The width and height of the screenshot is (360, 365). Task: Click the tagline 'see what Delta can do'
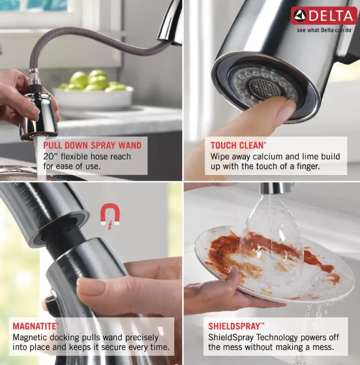(x=324, y=30)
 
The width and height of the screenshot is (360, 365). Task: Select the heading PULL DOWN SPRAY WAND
(x=92, y=145)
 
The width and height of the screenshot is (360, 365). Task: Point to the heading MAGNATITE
(x=35, y=325)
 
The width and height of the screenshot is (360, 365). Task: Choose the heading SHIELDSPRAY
(x=236, y=325)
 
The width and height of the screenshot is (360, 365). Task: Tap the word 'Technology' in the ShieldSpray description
(x=271, y=337)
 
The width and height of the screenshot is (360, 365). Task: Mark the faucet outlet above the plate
(x=276, y=189)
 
